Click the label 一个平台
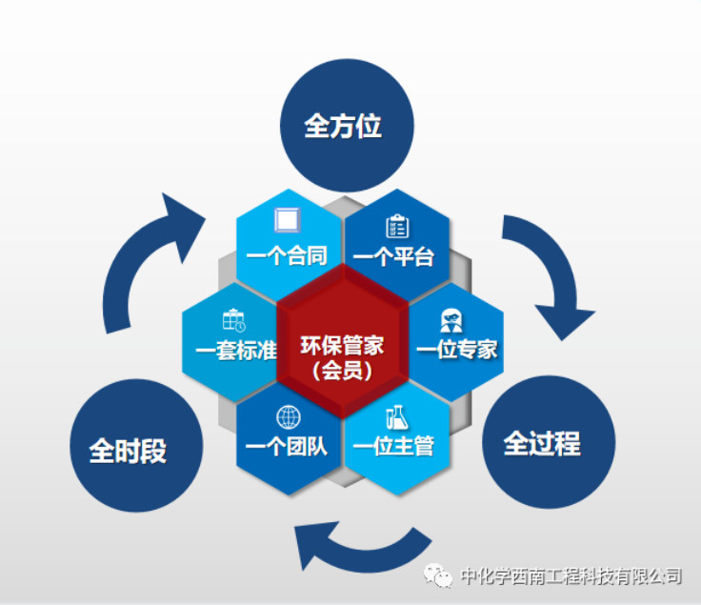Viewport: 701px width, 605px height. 393,256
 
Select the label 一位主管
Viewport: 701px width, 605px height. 393,444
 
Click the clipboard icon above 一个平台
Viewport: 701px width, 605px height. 396,227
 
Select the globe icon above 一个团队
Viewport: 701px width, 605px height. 288,416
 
